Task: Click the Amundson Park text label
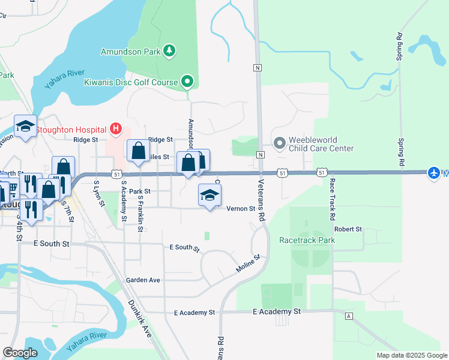point(130,52)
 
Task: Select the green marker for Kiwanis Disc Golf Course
point(187,82)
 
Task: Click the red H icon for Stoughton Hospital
point(116,129)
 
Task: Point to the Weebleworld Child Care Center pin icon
point(279,143)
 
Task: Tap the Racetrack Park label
point(307,240)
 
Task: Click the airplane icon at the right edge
point(434,173)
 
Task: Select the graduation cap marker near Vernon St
point(209,195)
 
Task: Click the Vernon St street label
point(241,209)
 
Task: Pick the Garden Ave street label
point(143,280)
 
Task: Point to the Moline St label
point(248,266)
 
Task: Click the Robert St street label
point(348,229)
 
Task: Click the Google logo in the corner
point(20,353)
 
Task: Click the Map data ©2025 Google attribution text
point(411,355)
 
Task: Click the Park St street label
point(137,192)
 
